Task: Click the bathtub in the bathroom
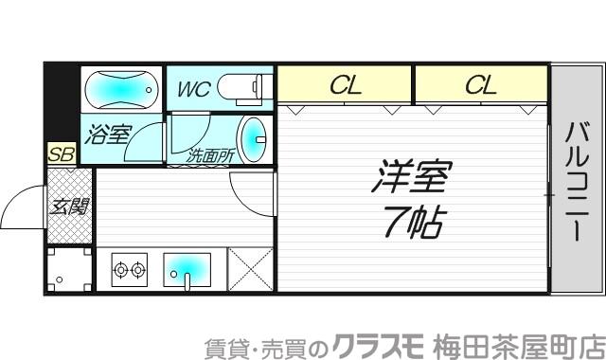pos(121,91)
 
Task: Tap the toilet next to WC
pos(243,88)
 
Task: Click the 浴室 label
pos(107,134)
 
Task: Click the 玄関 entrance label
pos(69,204)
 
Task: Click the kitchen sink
pos(188,269)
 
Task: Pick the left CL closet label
pos(345,86)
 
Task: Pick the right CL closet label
pos(480,86)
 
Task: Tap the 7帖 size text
pos(412,222)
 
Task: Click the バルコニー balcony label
pos(576,181)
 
